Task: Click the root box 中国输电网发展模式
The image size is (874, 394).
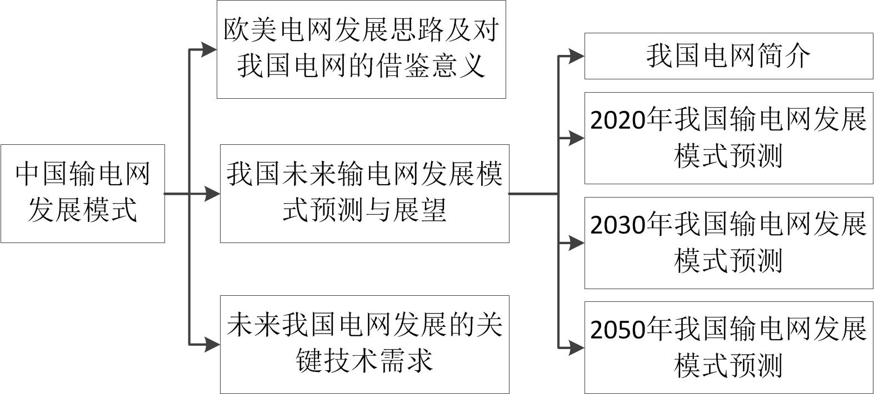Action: click(x=82, y=193)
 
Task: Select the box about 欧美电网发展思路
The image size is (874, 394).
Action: click(x=361, y=49)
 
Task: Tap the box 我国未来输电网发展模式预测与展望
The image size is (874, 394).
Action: click(x=364, y=193)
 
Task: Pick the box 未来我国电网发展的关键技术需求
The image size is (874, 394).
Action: click(x=364, y=344)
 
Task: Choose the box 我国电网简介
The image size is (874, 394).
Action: click(x=728, y=55)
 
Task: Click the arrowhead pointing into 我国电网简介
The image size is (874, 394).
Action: click(x=576, y=55)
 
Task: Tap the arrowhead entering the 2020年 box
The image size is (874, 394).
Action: click(x=576, y=138)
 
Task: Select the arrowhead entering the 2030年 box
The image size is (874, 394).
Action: click(x=576, y=243)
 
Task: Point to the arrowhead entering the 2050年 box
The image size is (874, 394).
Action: click(x=576, y=348)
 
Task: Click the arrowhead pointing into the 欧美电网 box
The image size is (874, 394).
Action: click(x=209, y=49)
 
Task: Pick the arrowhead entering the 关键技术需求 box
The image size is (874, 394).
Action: click(x=212, y=345)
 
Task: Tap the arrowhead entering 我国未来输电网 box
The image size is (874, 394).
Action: click(x=212, y=194)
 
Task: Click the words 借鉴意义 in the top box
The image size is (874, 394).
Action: click(x=431, y=65)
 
